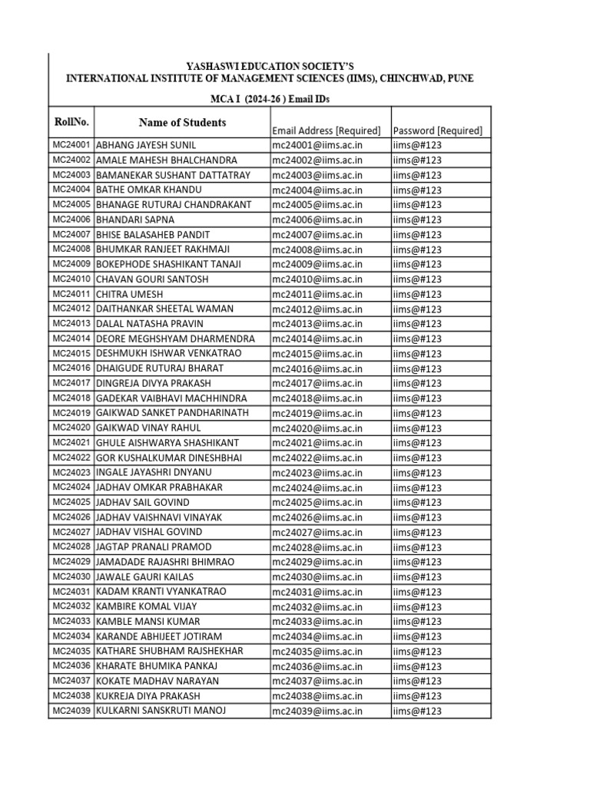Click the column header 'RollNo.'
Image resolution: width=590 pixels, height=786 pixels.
click(71, 122)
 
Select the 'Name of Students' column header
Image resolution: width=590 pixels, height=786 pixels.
click(182, 122)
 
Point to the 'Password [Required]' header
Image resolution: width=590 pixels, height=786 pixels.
click(437, 130)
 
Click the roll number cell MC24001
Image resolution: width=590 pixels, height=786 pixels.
click(71, 145)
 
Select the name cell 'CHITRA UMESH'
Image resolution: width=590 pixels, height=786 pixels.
click(129, 294)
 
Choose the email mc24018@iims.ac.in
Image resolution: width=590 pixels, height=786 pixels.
click(317, 398)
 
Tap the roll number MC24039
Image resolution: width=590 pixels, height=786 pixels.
click(71, 711)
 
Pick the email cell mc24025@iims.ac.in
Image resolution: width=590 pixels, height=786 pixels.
click(317, 503)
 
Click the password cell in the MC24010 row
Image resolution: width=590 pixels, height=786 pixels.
click(417, 279)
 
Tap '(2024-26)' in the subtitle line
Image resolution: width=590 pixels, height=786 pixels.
click(265, 99)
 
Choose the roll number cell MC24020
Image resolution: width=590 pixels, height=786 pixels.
click(71, 428)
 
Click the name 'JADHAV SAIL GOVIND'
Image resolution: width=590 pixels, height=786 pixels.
click(142, 503)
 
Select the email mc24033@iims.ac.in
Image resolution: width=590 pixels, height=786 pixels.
click(317, 622)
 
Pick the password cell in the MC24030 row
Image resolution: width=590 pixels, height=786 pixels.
click(417, 577)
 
